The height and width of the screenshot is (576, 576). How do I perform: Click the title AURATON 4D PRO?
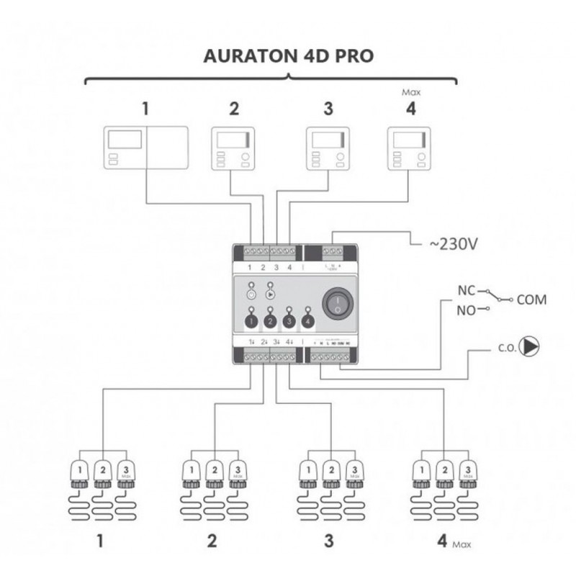[x=287, y=56]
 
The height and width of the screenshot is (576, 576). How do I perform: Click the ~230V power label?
[x=453, y=244]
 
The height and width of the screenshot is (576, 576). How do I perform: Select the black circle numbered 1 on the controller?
[x=251, y=320]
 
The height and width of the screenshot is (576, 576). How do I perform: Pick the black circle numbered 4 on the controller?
[x=308, y=320]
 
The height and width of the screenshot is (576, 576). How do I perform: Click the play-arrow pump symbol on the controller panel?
[x=270, y=294]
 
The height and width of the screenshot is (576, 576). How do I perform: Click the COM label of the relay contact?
[x=531, y=299]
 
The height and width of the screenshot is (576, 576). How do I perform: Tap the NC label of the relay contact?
[x=467, y=293]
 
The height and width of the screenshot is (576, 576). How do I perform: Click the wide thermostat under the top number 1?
[x=146, y=148]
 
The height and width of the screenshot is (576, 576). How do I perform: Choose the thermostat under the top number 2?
[x=233, y=149]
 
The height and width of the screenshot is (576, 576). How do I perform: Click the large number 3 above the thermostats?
[x=328, y=109]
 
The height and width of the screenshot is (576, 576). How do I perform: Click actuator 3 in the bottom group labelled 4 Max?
[x=467, y=471]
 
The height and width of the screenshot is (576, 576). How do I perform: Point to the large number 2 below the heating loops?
[x=212, y=541]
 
